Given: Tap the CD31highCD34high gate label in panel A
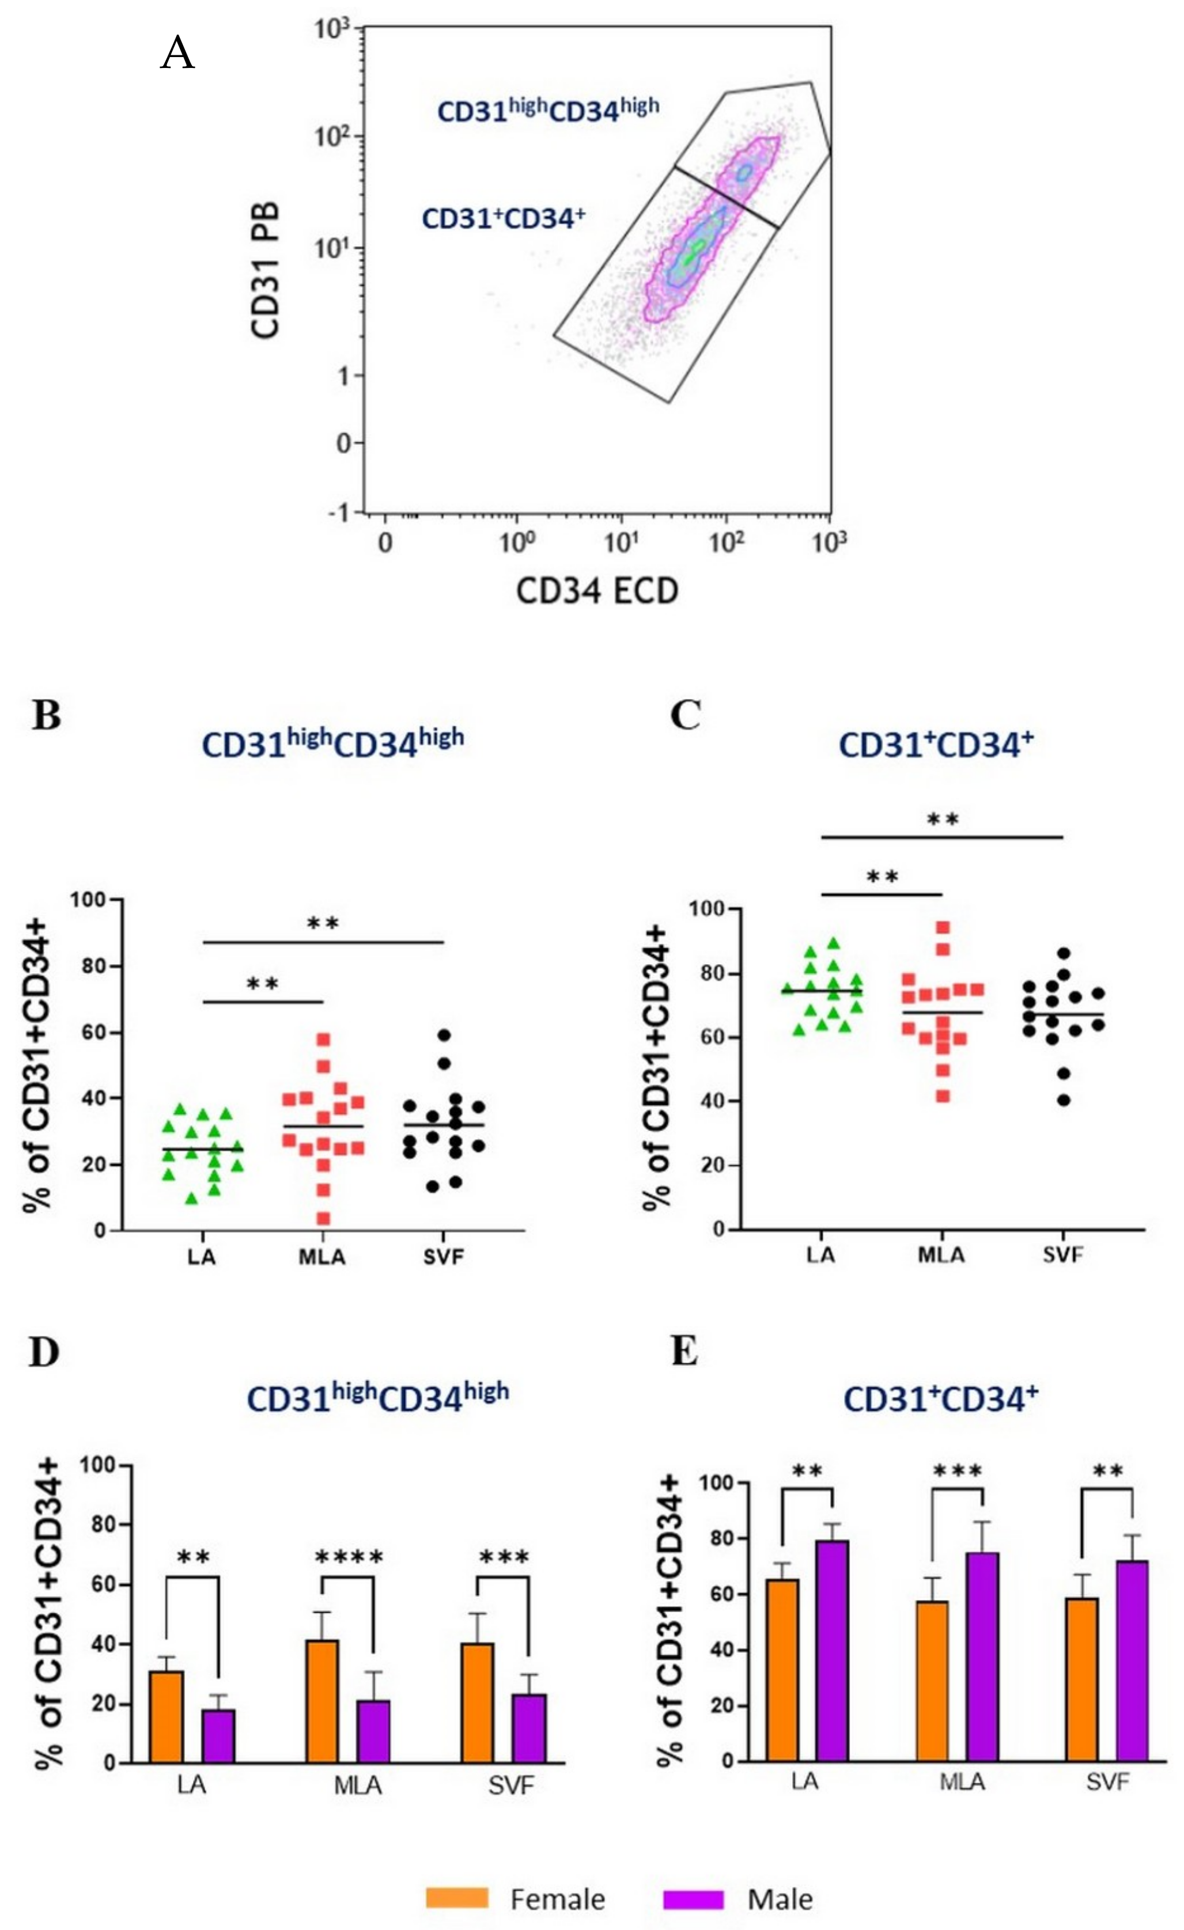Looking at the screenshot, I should coord(548,109).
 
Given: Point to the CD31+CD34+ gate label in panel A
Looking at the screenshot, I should coord(503,218).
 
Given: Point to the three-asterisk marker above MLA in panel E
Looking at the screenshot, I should coord(958,1472).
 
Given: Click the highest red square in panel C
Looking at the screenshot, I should coord(943,927).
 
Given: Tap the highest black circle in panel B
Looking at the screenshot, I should coord(444,1035).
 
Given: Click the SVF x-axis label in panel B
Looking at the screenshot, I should coord(444,1258).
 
